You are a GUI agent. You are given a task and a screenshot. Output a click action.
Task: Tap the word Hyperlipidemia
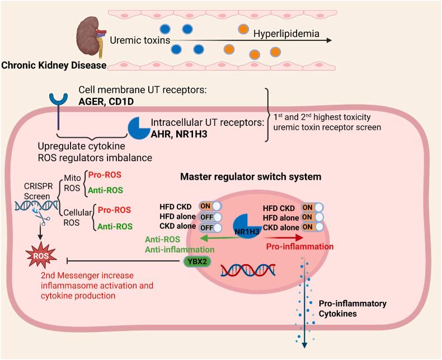(286, 34)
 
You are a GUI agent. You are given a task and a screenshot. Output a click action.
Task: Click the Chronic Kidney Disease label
(54, 66)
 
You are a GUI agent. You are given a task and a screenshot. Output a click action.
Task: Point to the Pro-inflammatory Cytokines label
(345, 308)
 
